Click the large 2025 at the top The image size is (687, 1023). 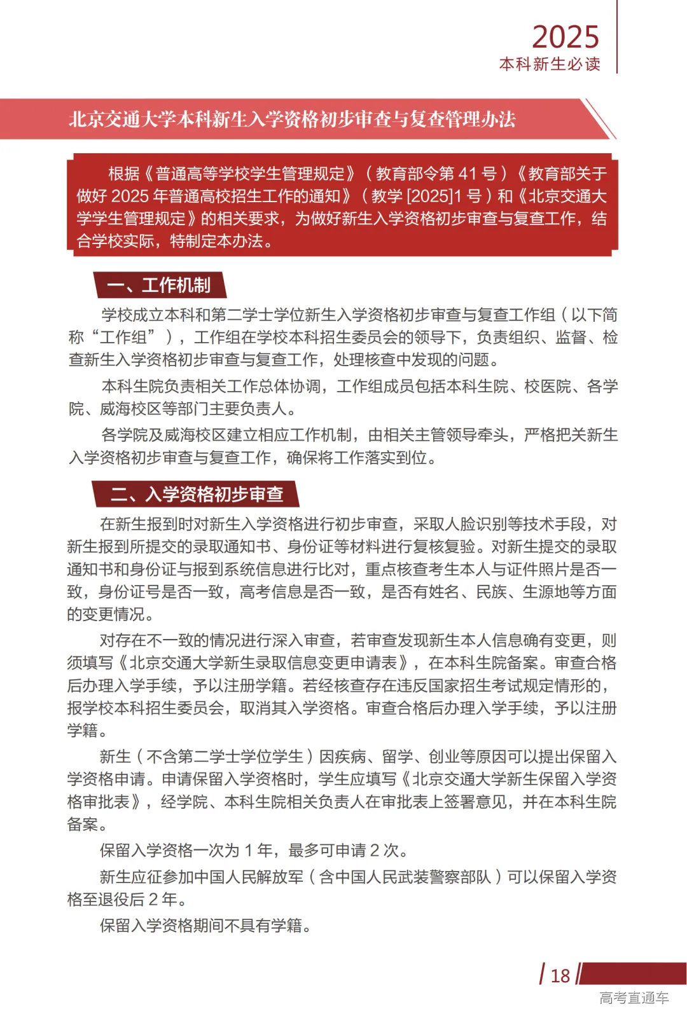pos(566,37)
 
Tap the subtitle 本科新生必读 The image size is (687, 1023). pos(550,64)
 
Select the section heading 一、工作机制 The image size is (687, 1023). pos(159,285)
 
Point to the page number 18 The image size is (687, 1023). pos(560,976)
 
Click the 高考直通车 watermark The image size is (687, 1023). pos(634,998)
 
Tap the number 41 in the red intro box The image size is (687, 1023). pos(468,174)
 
